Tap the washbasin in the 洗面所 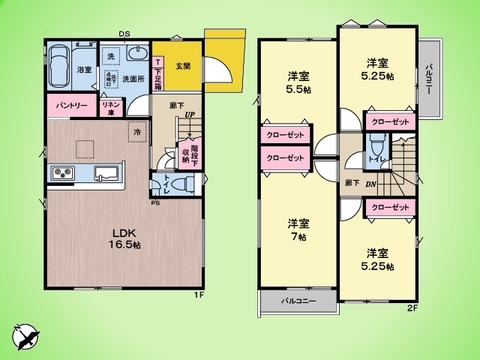tap(138, 56)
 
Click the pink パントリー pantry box tap(69, 105)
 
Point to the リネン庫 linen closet tap(111, 105)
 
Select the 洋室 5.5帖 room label tap(297, 82)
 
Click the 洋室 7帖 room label tap(297, 228)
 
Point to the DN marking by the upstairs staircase tap(370, 185)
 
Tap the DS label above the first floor tap(124, 34)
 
